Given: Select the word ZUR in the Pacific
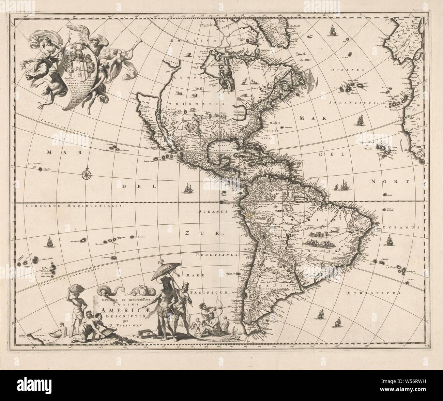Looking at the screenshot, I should click(201, 234).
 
